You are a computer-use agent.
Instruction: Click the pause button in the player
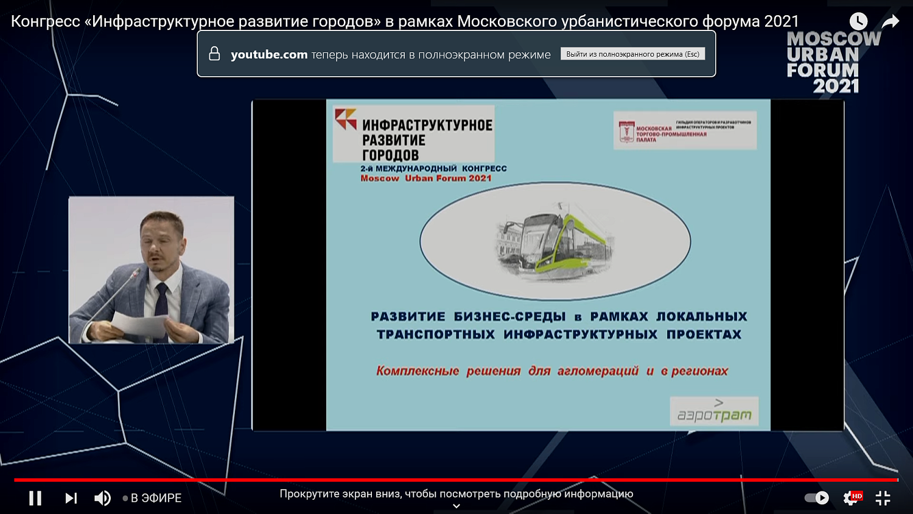click(x=35, y=498)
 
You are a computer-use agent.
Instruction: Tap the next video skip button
click(x=71, y=498)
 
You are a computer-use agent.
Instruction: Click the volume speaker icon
click(x=102, y=498)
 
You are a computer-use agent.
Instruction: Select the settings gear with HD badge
click(x=852, y=498)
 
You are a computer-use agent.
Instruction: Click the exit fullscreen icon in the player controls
click(x=883, y=498)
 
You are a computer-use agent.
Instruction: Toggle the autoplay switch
click(x=817, y=498)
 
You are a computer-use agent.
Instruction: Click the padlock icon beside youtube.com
click(x=214, y=54)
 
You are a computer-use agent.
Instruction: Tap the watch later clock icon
click(x=858, y=21)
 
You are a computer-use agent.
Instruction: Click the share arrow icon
click(x=890, y=21)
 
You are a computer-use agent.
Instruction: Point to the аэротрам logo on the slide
click(x=714, y=412)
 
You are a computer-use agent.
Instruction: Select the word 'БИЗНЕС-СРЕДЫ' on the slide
click(x=509, y=317)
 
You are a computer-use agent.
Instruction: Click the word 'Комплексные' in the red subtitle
click(x=418, y=371)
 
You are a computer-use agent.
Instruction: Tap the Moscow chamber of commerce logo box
click(x=685, y=130)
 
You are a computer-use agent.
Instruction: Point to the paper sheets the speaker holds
click(x=139, y=325)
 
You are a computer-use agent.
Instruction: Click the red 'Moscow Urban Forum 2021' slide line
click(x=425, y=178)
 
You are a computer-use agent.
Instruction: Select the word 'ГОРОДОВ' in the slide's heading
click(x=390, y=155)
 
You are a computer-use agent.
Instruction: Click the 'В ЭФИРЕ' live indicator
click(x=156, y=498)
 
